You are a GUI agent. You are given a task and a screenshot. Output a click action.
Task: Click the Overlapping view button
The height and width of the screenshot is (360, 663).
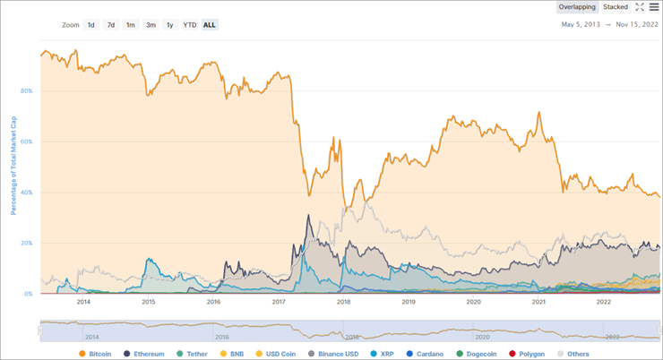577,7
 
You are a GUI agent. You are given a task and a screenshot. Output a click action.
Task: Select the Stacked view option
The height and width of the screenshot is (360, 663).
616,7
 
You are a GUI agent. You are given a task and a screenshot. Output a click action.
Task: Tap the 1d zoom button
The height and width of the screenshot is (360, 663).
90,25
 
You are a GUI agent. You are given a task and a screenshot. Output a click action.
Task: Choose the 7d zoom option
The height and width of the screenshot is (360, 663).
110,25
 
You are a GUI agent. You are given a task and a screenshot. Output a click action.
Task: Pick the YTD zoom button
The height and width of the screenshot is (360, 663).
190,25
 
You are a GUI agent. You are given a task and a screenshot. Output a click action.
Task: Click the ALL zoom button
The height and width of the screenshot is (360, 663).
210,25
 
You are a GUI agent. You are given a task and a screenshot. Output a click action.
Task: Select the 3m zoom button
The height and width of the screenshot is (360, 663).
151,25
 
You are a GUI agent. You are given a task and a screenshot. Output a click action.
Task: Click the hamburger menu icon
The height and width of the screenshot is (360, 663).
654,7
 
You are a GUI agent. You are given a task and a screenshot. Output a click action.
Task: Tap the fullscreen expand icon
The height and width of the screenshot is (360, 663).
640,7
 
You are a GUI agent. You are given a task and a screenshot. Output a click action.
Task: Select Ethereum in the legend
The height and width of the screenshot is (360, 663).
144,355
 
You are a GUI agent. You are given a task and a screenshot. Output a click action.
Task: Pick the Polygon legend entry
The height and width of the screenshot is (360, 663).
527,355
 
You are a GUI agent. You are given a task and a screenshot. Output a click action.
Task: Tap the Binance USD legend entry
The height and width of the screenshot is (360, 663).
331,355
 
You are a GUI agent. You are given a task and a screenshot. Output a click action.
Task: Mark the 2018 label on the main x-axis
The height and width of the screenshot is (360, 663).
343,302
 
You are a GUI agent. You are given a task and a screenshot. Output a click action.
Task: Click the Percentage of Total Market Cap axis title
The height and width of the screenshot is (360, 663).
13,167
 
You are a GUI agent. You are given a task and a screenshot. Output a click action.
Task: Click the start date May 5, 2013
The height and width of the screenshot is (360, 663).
580,25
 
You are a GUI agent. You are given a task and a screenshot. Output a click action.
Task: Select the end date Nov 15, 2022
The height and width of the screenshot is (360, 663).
635,25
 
